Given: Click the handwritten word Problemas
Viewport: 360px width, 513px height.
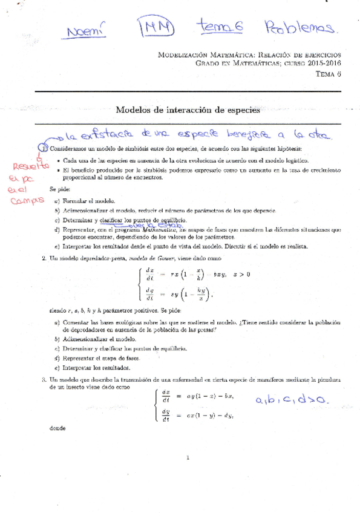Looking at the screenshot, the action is (x=299, y=27).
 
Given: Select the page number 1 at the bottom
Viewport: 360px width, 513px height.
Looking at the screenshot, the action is (x=189, y=457).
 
